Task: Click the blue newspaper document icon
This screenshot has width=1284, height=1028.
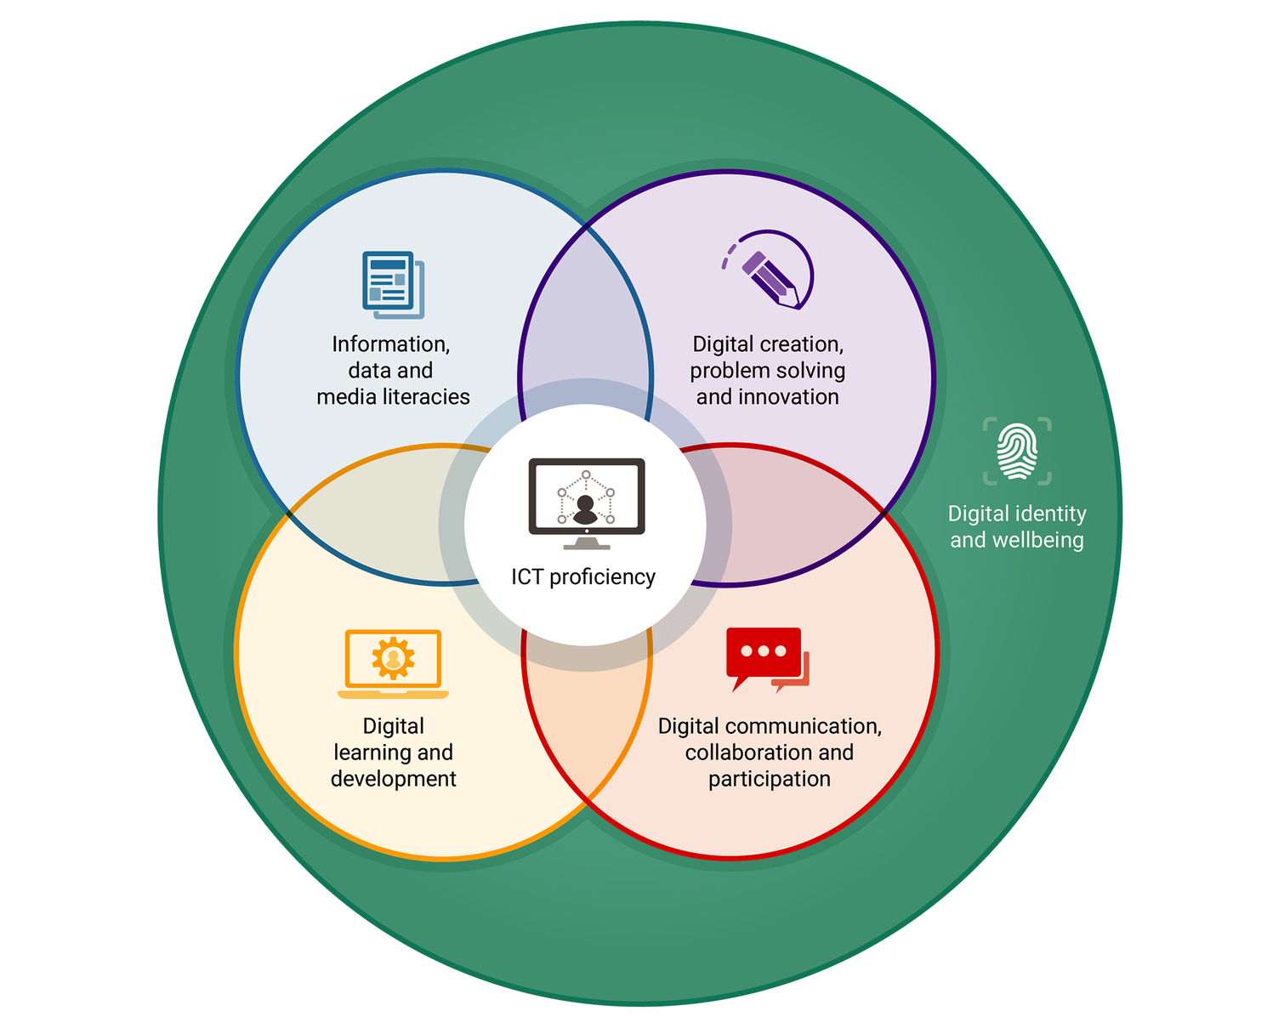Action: pos(392,284)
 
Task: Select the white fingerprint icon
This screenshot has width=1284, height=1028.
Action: pos(1017,451)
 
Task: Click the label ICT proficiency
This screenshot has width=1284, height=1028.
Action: pos(583,576)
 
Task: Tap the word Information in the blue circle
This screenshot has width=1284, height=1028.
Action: pos(390,344)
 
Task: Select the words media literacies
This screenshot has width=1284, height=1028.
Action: pos(393,396)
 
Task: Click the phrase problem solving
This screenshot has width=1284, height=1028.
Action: pos(767,371)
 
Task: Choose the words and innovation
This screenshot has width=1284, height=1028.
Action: pos(767,396)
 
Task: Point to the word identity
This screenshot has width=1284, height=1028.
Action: pos(1050,514)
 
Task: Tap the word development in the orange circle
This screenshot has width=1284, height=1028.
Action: pos(393,778)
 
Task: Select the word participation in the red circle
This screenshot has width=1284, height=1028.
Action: pos(769,778)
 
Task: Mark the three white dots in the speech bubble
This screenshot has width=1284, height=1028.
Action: pos(763,651)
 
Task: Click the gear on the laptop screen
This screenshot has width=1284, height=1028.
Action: pos(393,657)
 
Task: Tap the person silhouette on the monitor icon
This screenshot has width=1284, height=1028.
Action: pos(585,510)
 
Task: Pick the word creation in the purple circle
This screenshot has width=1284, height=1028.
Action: pos(803,344)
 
